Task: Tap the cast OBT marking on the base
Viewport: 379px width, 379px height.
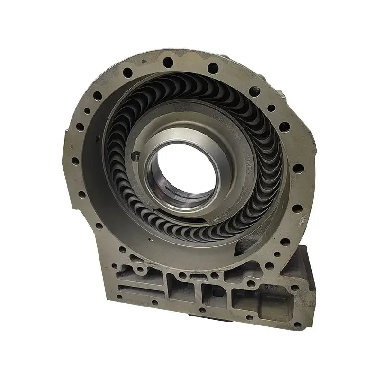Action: coord(271,286)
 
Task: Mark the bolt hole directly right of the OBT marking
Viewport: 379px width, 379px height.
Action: coord(295,288)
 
